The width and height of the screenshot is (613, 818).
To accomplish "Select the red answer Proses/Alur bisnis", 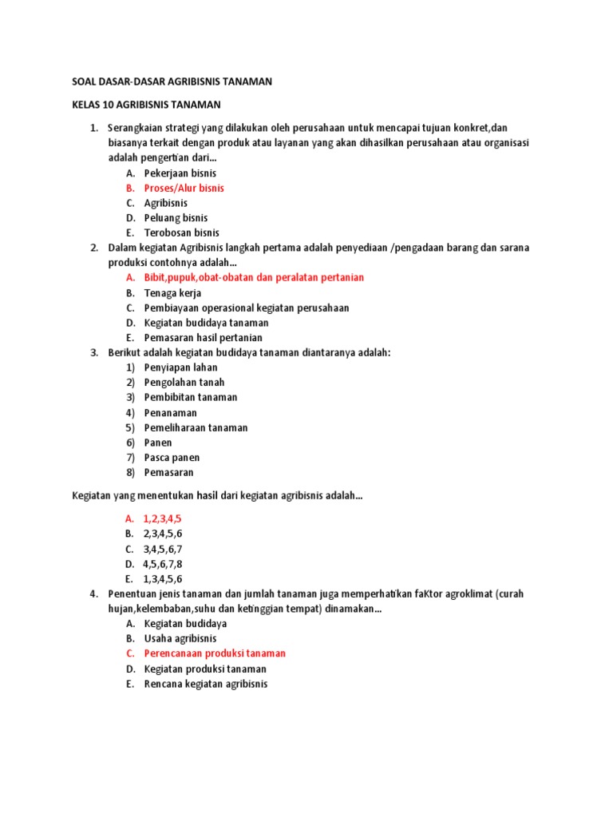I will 184,189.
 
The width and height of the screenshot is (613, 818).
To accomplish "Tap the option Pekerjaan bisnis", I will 180,173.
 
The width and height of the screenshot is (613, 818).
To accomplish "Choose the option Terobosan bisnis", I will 182,233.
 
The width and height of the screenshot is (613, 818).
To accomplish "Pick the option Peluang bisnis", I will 176,218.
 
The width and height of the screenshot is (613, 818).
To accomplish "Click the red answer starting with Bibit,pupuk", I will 254,278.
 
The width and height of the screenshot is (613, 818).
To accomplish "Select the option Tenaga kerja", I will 172,293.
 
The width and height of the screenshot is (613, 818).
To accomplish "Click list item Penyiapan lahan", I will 180,367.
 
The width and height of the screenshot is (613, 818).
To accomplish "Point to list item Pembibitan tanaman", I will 191,398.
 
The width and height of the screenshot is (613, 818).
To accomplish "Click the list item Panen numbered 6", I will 158,443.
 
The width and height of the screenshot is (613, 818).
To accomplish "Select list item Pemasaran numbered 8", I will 168,473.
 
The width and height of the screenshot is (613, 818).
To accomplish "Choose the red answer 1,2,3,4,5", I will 162,518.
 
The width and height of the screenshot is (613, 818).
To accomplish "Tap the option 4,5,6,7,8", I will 163,564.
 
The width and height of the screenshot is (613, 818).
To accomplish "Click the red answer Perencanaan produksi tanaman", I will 215,653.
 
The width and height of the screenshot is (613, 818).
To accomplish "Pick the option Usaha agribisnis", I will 180,638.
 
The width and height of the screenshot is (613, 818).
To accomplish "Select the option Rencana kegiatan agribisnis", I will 206,684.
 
